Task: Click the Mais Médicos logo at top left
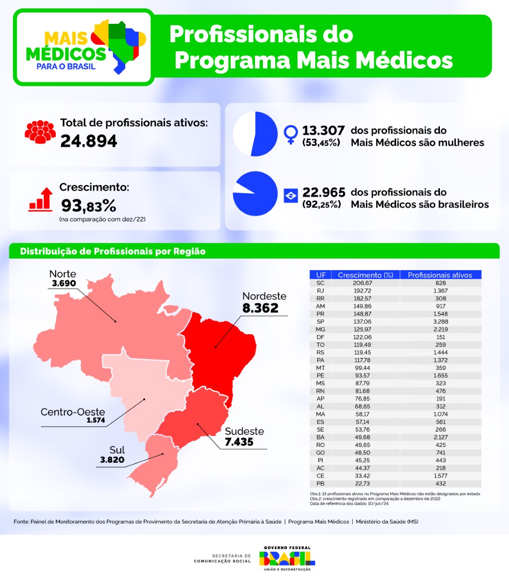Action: [83, 47]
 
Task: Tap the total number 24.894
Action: [88, 142]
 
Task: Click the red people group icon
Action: [39, 132]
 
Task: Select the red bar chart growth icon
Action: [40, 199]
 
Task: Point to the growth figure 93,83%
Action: [88, 205]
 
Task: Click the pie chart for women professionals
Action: [254, 134]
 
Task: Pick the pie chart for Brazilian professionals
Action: [254, 194]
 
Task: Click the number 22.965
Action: [324, 193]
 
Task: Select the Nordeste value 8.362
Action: [260, 308]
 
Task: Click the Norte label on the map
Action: [63, 274]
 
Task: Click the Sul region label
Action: [117, 450]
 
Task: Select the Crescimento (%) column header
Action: [361, 275]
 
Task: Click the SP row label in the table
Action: [320, 322]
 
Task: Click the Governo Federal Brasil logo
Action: [287, 558]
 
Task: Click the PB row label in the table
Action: [320, 484]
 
